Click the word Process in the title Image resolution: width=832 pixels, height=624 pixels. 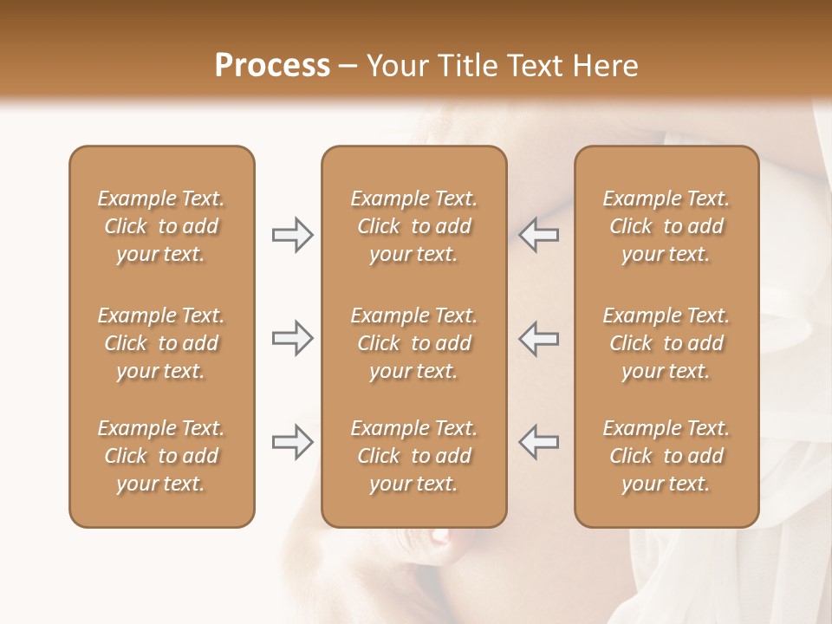coord(272,66)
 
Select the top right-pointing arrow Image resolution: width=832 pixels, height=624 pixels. coord(292,235)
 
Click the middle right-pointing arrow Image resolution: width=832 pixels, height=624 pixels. coord(292,338)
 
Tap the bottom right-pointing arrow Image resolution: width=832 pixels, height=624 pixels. coord(292,442)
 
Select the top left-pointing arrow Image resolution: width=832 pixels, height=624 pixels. coord(538,235)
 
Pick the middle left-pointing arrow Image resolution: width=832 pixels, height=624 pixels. coord(538,338)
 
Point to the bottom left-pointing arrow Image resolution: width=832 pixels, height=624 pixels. coord(538,442)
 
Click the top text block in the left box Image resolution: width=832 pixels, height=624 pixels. coord(161,226)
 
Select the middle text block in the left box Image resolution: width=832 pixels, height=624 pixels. coord(161,343)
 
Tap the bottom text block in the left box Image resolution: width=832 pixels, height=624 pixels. coord(161,456)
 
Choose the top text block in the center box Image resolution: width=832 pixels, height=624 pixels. coord(413,226)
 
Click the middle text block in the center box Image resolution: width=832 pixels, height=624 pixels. coord(413,343)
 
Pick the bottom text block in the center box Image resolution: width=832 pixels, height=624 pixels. coord(413,456)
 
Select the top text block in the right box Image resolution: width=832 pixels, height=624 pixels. coord(666,226)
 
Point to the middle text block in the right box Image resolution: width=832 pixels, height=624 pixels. coord(666,343)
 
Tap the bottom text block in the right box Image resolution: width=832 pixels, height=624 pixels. coord(666,456)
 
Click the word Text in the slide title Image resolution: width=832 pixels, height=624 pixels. coord(536,66)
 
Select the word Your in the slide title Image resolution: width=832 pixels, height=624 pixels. coord(398,66)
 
